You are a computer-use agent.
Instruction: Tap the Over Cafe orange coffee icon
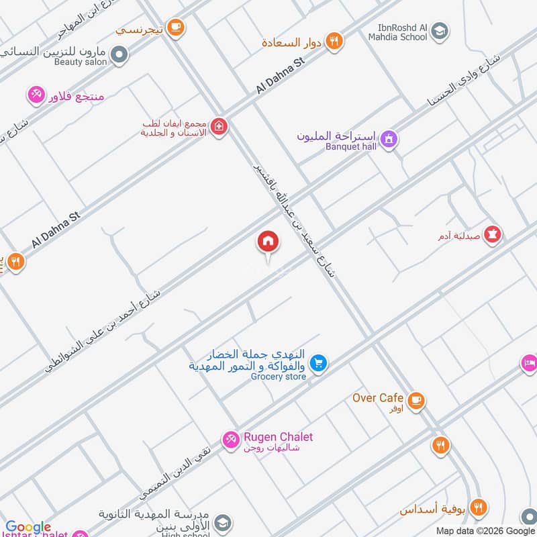point(416,400)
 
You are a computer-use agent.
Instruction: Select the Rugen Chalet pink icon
point(231,439)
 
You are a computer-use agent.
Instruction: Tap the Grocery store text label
point(279,377)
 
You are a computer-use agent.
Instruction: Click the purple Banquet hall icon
point(388,140)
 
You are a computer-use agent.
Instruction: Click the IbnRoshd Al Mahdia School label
point(403,32)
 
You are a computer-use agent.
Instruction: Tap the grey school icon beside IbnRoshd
point(440,30)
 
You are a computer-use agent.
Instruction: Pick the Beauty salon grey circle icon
point(119,54)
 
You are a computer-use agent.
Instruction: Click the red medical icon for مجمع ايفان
point(218,126)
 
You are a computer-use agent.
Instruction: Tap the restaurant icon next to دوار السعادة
point(334,42)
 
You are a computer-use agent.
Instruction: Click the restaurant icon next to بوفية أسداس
point(478,508)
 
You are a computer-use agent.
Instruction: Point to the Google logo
point(28,528)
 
